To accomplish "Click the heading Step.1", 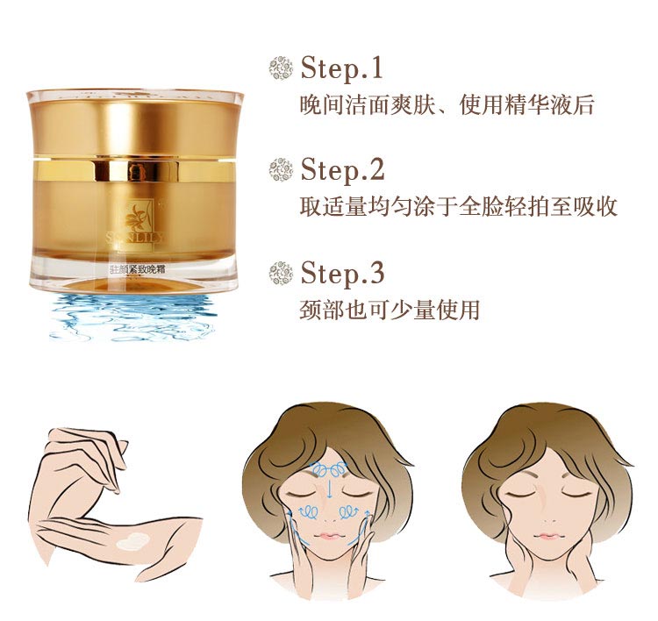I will click(x=342, y=68).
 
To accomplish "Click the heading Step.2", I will click(x=342, y=169).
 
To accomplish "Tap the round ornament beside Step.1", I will click(x=280, y=68).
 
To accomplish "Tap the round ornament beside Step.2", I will click(x=280, y=169).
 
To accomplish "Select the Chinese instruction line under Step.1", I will click(x=447, y=106).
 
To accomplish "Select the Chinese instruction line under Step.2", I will click(x=458, y=207).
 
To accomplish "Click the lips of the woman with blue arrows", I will click(x=326, y=535).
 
